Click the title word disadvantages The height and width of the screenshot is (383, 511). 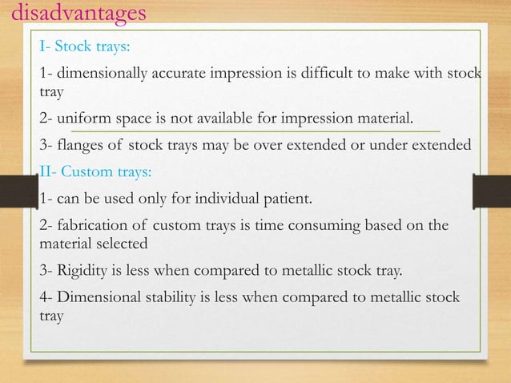point(74,14)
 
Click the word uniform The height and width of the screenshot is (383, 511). point(78,120)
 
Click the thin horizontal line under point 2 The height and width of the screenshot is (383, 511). point(256,130)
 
